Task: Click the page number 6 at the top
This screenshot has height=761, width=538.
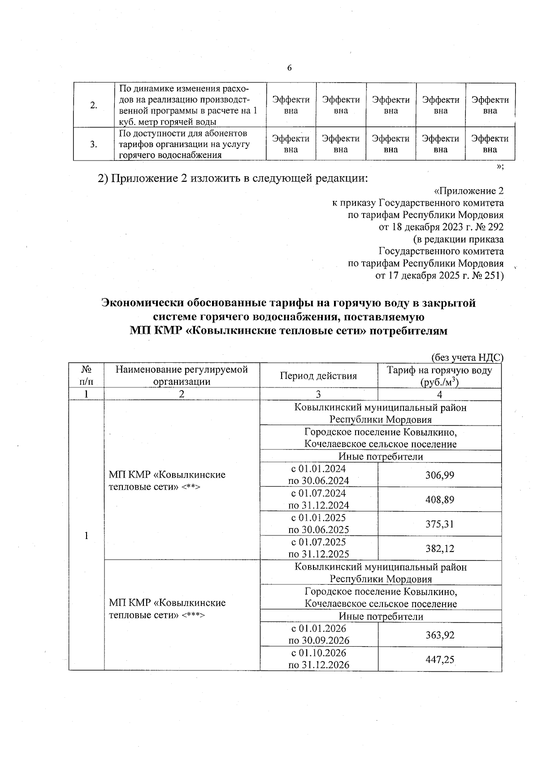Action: [289, 68]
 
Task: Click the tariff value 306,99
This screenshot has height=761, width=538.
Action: [439, 475]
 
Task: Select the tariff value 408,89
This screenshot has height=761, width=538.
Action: [439, 499]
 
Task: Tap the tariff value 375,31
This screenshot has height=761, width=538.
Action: [439, 524]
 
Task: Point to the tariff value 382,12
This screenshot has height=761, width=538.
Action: [439, 548]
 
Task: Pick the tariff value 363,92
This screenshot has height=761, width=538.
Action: [439, 635]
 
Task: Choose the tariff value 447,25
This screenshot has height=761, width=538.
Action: [439, 659]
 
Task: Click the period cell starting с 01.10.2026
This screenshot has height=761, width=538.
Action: [319, 659]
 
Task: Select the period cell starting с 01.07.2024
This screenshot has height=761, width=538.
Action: [319, 499]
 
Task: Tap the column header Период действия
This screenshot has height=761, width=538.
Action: [318, 376]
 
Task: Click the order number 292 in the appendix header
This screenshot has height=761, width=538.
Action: [493, 227]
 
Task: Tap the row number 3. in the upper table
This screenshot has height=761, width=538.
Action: [94, 144]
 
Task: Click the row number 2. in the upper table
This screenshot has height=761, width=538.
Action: [94, 105]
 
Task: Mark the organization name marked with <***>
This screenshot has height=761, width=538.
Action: [167, 609]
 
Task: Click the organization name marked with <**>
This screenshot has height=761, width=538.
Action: [167, 480]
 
